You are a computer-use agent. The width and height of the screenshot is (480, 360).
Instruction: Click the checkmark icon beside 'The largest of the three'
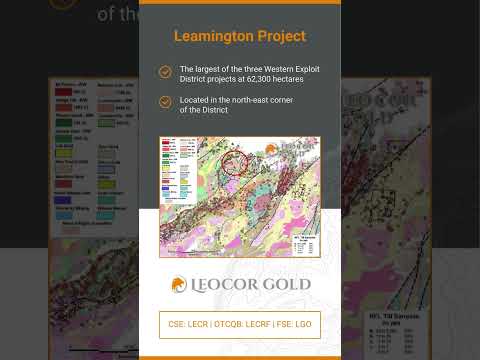coord(165,72)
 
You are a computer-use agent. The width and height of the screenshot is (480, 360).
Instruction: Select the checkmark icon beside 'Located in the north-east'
coord(165,102)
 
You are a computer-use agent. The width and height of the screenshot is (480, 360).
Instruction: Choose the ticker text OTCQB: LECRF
coord(243,325)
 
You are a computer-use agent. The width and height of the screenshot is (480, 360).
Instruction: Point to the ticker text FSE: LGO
coord(296,325)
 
